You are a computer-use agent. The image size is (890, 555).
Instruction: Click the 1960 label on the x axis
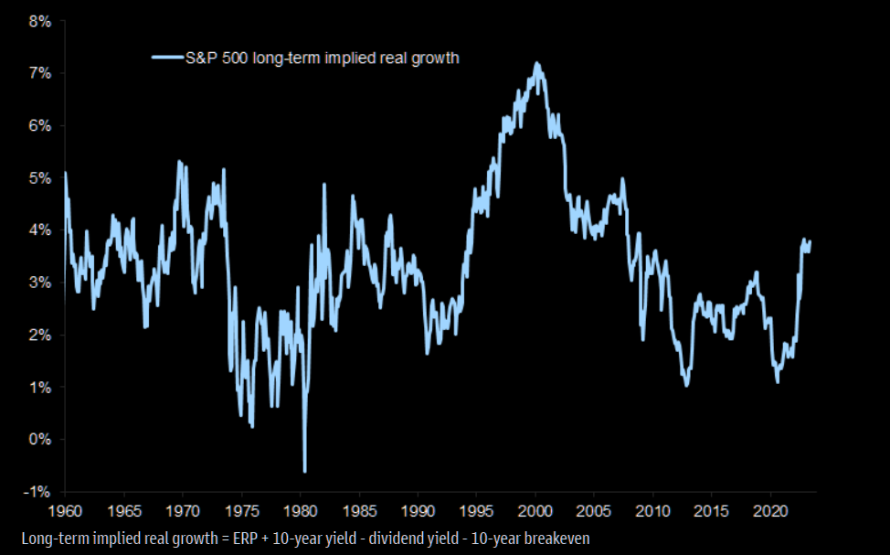point(66,509)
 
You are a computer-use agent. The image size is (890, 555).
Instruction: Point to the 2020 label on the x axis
point(770,509)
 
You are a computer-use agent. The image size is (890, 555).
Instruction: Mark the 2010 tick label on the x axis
point(653,509)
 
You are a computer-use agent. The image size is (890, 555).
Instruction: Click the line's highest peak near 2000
point(536,63)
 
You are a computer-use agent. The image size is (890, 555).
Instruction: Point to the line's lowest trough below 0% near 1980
point(304,471)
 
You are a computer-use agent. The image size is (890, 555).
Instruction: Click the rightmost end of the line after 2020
point(811,241)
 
